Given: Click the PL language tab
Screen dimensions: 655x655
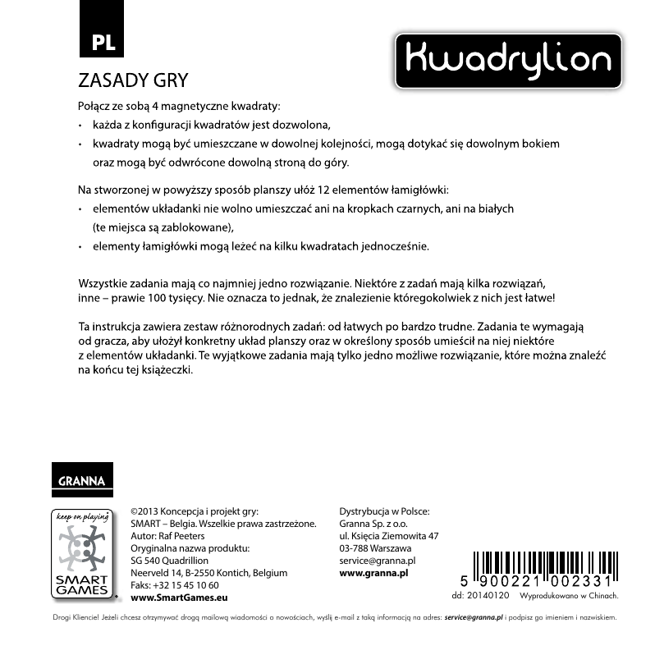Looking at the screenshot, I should pyautogui.click(x=102, y=44).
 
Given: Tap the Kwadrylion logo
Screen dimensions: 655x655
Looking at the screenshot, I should pyautogui.click(x=508, y=61).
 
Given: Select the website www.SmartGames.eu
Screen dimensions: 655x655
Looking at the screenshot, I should pyautogui.click(x=179, y=598).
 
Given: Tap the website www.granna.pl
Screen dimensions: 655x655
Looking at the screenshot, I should pyautogui.click(x=373, y=572).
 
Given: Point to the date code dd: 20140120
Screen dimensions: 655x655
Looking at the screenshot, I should pyautogui.click(x=481, y=595).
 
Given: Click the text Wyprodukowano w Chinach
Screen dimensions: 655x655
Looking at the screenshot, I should pyautogui.click(x=570, y=595).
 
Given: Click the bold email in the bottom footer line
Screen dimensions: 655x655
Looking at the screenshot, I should pyautogui.click(x=472, y=616).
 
